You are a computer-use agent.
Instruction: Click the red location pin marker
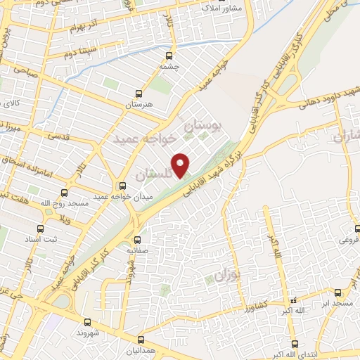point(181,165)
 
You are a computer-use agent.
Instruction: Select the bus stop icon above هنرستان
point(138,93)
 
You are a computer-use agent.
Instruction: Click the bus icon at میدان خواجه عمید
point(122,186)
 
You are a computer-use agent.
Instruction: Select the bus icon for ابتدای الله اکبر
point(294,345)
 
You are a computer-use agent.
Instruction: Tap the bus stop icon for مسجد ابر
point(339,291)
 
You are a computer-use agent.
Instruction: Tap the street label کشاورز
point(250,307)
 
